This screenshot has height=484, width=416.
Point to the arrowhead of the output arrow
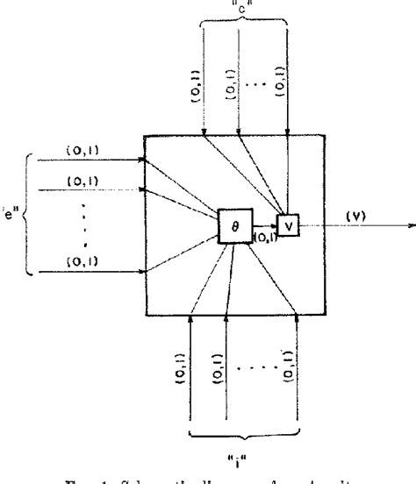tap(411, 224)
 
